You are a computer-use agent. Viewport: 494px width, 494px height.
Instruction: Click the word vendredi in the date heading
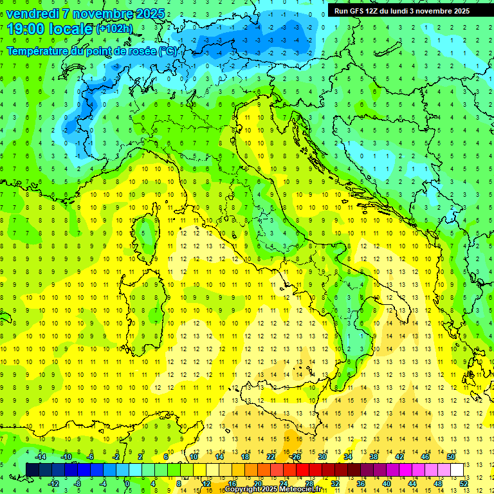33,14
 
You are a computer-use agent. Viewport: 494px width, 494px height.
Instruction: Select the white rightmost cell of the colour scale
457,470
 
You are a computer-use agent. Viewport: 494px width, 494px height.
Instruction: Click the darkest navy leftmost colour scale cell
32,470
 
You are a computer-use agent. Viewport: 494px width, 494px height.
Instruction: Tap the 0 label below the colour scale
127,484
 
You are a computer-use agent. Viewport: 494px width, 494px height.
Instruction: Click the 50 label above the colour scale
450,456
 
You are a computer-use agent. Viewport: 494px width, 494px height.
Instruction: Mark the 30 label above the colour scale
322,456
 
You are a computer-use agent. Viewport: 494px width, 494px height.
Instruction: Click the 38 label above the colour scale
373,456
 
